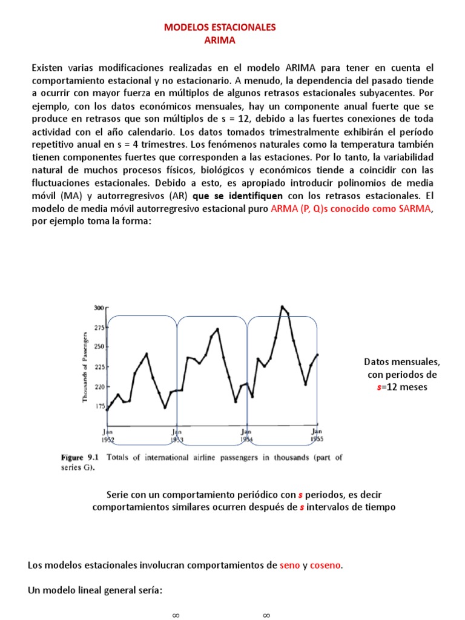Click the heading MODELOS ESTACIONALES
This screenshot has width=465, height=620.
point(220,27)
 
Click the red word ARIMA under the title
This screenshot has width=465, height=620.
point(220,40)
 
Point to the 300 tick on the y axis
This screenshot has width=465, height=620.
point(99,308)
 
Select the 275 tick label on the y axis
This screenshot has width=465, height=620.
point(99,327)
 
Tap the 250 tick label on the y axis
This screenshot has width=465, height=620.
point(99,346)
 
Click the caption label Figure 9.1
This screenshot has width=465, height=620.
point(81,458)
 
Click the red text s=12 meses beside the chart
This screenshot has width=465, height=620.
point(401,386)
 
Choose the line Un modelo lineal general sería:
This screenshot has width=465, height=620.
point(95,590)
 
